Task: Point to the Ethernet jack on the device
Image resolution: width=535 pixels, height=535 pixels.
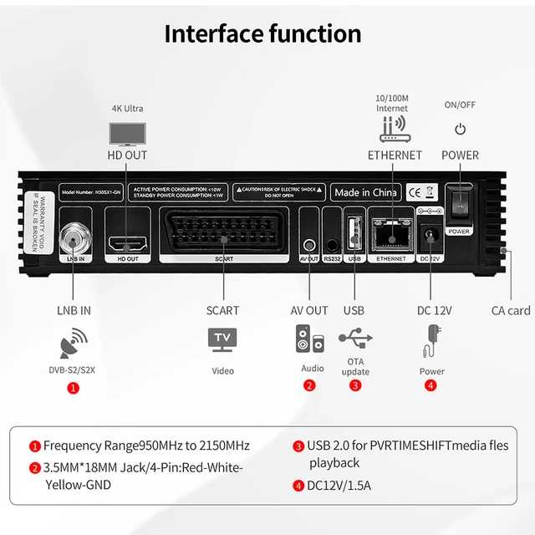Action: coord(390,238)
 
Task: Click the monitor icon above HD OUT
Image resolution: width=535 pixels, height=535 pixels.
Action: coord(127,134)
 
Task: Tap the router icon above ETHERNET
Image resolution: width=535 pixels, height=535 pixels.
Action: coord(395,130)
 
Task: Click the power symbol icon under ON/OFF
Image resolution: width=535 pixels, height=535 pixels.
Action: coord(460,130)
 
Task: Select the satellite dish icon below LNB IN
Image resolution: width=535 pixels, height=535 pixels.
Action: coord(74,344)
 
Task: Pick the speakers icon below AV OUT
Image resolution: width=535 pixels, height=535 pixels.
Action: coord(309,340)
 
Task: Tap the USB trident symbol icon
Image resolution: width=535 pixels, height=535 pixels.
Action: coord(355,339)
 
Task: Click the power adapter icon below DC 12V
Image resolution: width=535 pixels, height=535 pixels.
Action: coord(431,340)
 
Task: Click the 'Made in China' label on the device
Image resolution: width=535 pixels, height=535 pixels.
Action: coord(365,192)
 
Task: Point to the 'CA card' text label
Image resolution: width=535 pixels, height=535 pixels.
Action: coord(510,310)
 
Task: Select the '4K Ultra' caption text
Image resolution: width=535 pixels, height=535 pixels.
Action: coord(128,109)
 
